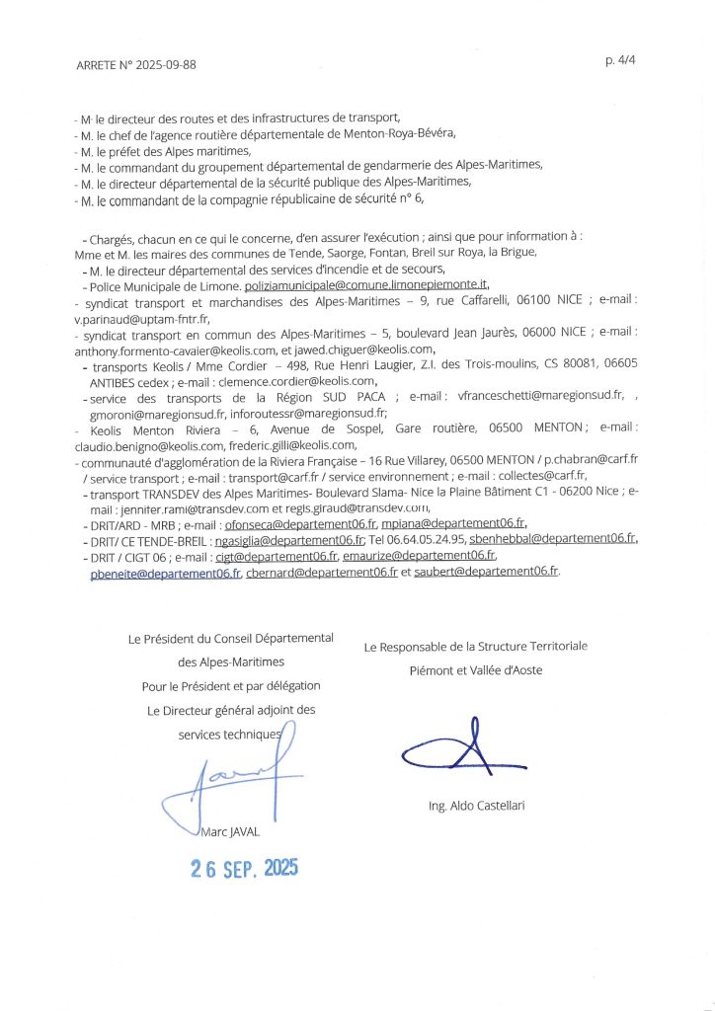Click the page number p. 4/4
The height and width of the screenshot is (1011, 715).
pos(619,60)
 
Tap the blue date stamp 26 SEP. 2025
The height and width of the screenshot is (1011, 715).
pos(244,869)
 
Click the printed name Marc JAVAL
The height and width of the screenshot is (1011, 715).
pos(230,833)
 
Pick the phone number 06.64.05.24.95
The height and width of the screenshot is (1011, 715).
pos(417,540)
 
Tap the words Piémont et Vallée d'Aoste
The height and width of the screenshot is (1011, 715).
pos(477,670)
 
